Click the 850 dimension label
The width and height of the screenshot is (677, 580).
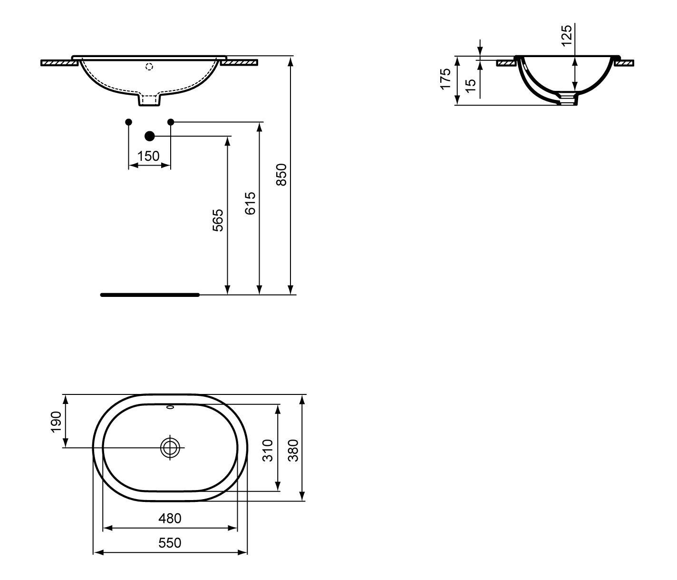pos(281,175)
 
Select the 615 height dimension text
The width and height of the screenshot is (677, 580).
pos(250,203)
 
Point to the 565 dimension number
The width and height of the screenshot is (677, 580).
pos(218,220)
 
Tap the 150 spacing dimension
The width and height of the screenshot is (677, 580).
pos(148,157)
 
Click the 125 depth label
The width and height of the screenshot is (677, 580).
pos(567,36)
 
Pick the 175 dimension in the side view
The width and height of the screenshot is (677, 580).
pos(445,79)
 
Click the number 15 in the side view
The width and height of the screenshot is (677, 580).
pos(470,86)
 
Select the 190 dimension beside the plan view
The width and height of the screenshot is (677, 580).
pos(56,422)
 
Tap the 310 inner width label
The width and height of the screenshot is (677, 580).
pos(268,451)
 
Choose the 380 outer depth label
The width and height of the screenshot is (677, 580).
pos(293,451)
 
